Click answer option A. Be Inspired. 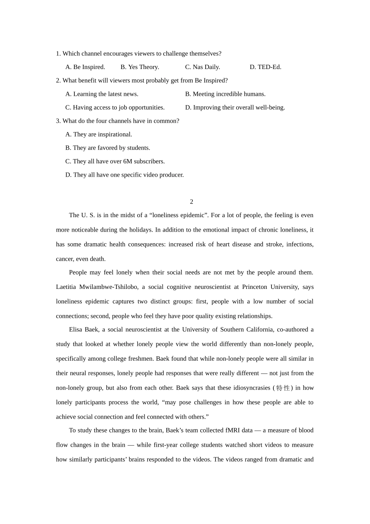click(x=85, y=67)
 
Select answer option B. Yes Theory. click(x=140, y=67)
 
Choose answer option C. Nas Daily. click(x=203, y=67)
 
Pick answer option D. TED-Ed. click(x=265, y=67)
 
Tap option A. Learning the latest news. click(x=102, y=94)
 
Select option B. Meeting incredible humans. click(x=225, y=94)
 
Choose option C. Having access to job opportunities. click(x=115, y=108)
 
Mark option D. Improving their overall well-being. click(x=235, y=108)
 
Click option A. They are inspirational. click(x=99, y=135)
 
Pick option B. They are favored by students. click(x=107, y=148)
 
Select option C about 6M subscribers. click(x=115, y=161)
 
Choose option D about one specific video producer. click(x=124, y=175)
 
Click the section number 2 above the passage click(x=192, y=202)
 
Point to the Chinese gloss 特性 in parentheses click(x=283, y=388)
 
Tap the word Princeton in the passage click(x=255, y=287)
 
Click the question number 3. click(x=58, y=121)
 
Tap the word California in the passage click(x=256, y=329)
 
